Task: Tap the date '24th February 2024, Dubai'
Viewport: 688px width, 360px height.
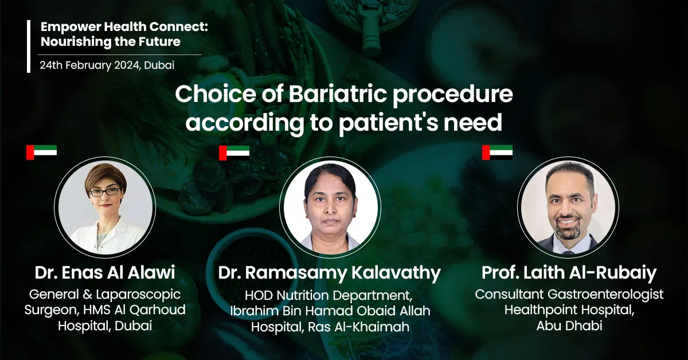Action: (x=107, y=65)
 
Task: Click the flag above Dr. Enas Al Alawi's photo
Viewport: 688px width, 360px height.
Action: (x=41, y=152)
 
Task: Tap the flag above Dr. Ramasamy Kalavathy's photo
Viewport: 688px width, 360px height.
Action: (x=234, y=152)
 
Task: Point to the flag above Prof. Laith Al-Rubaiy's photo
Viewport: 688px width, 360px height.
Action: (x=497, y=152)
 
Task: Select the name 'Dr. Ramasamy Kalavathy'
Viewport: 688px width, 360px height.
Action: (x=329, y=273)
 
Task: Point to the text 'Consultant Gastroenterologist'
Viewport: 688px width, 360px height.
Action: (x=569, y=294)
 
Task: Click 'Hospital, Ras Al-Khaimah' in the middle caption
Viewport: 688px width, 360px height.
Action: (x=329, y=327)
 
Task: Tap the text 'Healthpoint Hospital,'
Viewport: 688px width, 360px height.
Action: (x=569, y=310)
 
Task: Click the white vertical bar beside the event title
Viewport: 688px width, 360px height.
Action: (x=29, y=46)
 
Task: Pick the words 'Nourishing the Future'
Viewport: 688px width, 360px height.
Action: (x=110, y=42)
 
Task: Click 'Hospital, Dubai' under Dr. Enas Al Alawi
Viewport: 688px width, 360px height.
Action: (x=104, y=326)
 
